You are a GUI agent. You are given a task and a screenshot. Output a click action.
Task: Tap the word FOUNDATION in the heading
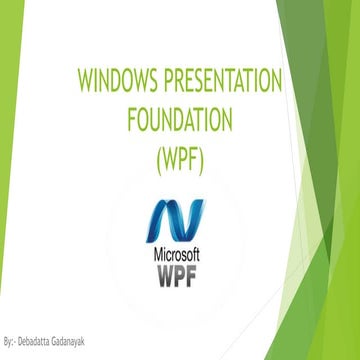coord(180,119)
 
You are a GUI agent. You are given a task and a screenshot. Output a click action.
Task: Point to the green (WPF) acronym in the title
coord(180,158)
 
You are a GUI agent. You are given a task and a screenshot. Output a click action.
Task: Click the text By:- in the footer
coord(10,342)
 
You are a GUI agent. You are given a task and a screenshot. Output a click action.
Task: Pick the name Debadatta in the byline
coord(37,342)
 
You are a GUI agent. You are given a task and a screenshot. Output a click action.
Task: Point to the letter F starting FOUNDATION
coord(132,119)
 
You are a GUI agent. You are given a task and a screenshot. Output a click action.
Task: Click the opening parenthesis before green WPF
coord(158,158)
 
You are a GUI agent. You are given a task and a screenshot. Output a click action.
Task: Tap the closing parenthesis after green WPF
coord(203,158)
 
